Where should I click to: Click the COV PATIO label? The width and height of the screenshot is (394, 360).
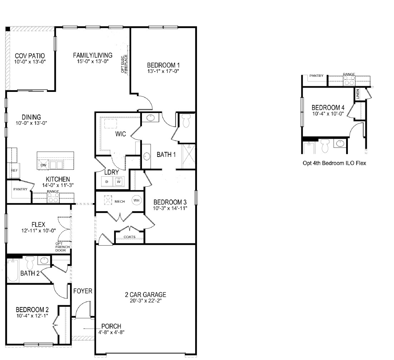pyautogui.click(x=30, y=56)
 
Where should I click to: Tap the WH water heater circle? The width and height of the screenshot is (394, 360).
pyautogui.click(x=136, y=201)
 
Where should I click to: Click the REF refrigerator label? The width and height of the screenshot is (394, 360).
pyautogui.click(x=14, y=171)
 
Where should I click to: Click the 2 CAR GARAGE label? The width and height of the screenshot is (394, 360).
pyautogui.click(x=145, y=295)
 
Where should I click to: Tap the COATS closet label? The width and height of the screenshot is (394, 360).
pyautogui.click(x=129, y=237)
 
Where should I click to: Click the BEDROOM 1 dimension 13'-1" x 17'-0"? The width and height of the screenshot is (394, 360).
pyautogui.click(x=163, y=71)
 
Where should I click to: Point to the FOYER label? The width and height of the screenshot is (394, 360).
pyautogui.click(x=83, y=291)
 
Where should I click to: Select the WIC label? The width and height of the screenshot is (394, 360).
pyautogui.click(x=120, y=134)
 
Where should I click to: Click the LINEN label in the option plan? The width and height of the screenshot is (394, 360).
pyautogui.click(x=358, y=94)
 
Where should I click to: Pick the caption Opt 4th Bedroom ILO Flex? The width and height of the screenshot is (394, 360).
pyautogui.click(x=334, y=163)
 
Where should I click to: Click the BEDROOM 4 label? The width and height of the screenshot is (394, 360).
pyautogui.click(x=328, y=107)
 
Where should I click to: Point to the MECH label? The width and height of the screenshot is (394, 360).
pyautogui.click(x=119, y=202)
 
